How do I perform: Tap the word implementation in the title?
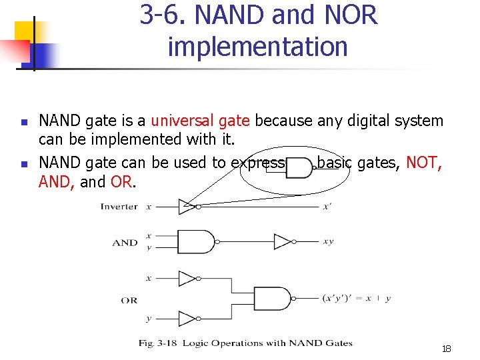pyautogui.click(x=258, y=47)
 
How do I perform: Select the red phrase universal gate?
pyautogui.click(x=201, y=121)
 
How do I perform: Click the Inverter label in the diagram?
pyautogui.click(x=119, y=206)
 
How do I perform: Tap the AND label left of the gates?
pyautogui.click(x=125, y=243)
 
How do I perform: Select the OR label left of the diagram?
pyautogui.click(x=129, y=300)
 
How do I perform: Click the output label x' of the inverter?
pyautogui.click(x=327, y=207)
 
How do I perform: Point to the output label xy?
pyautogui.click(x=328, y=241)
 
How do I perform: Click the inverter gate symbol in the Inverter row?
pyautogui.click(x=189, y=207)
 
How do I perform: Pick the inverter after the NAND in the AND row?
pyautogui.click(x=284, y=241)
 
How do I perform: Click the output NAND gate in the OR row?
pyautogui.click(x=275, y=298)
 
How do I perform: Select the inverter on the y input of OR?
pyautogui.click(x=188, y=319)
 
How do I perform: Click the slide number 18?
pyautogui.click(x=446, y=349)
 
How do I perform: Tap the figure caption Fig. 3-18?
pyautogui.click(x=245, y=343)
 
